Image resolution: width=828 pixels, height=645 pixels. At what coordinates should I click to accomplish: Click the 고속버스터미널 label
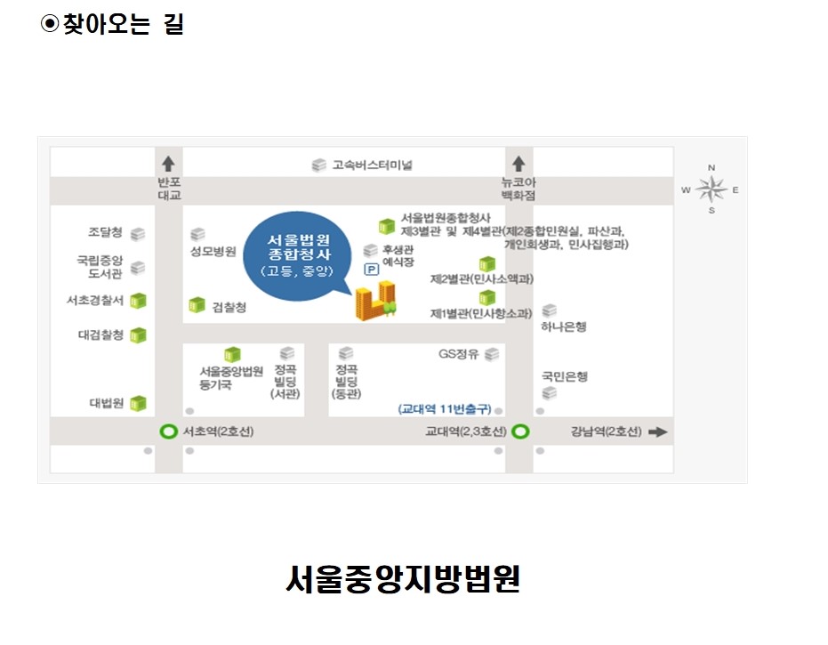point(373,165)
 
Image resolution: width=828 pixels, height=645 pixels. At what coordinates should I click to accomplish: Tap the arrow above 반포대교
point(168,164)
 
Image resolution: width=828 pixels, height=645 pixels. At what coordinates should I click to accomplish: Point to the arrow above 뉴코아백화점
point(519,164)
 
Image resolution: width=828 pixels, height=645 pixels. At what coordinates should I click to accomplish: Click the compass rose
point(711,189)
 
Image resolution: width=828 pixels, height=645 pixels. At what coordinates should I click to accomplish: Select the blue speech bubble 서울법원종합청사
point(298,256)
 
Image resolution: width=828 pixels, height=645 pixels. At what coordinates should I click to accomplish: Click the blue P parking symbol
point(372,270)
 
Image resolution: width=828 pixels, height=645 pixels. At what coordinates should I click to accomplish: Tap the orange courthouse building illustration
point(375,301)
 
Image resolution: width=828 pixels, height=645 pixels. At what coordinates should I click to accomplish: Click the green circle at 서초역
point(168,431)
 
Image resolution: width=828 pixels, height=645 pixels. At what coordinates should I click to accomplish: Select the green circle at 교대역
point(520,431)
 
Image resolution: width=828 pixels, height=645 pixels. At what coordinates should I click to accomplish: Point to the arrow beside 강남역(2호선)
point(658,432)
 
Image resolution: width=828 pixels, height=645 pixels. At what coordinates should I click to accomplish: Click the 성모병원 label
point(213,252)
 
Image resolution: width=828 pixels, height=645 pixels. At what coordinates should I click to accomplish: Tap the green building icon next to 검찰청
point(197,305)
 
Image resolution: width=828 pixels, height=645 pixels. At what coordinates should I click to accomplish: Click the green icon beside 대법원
point(139,403)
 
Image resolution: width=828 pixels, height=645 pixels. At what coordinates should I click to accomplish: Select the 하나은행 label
point(564,327)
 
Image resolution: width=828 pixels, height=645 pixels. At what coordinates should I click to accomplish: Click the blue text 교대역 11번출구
point(445,409)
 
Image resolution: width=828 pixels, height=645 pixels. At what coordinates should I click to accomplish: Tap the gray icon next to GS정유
point(492,354)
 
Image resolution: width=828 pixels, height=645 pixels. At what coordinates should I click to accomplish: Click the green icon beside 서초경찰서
point(139,301)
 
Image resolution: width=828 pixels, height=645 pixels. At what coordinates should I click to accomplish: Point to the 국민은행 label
point(565,376)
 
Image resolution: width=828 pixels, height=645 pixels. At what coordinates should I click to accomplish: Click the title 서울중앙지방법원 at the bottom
point(403,579)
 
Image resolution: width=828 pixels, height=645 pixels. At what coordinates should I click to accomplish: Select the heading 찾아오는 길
point(123,24)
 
